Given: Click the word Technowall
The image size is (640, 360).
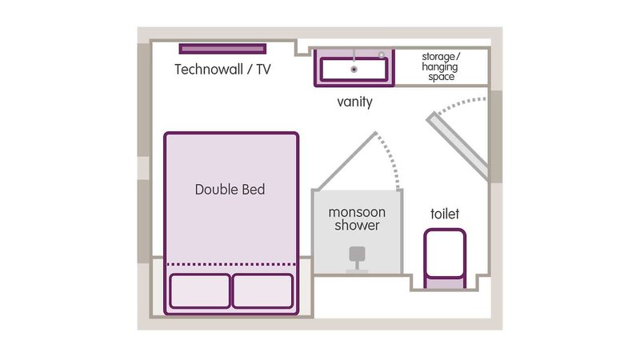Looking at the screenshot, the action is pyautogui.click(x=209, y=70).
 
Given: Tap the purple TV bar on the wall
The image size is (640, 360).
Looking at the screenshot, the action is pyautogui.click(x=222, y=49).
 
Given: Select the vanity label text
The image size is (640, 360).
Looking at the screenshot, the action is pyautogui.click(x=354, y=102).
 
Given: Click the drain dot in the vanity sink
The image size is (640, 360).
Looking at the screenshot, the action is pyautogui.click(x=354, y=70).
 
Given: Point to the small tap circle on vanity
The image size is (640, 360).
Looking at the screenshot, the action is pyautogui.click(x=382, y=54).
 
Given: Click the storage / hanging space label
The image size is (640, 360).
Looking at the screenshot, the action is pyautogui.click(x=441, y=66).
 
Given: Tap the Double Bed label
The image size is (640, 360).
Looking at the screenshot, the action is pyautogui.click(x=230, y=190).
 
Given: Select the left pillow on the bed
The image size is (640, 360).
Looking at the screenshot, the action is pyautogui.click(x=200, y=291).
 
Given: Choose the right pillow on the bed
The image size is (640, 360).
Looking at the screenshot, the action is pyautogui.click(x=262, y=291).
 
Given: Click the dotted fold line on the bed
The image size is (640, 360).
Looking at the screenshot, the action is pyautogui.click(x=231, y=265).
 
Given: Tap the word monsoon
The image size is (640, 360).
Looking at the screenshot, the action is pyautogui.click(x=357, y=212).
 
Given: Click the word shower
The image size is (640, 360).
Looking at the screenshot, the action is pyautogui.click(x=357, y=226).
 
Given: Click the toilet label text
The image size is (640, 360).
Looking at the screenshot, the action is pyautogui.click(x=445, y=214).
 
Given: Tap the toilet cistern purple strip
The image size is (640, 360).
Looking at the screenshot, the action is pyautogui.click(x=445, y=282).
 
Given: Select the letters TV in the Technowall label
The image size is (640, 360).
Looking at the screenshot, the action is pyautogui.click(x=263, y=70).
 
